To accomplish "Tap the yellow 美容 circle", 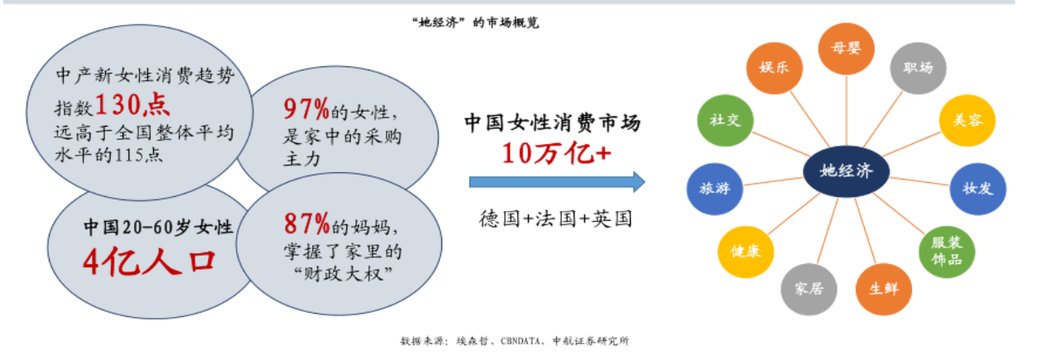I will [966, 121].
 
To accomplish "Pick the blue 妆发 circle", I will [978, 188].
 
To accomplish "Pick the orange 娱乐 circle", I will [774, 68].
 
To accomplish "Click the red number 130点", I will [132, 104].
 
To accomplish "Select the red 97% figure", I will [307, 108].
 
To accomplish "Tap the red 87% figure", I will [307, 223].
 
